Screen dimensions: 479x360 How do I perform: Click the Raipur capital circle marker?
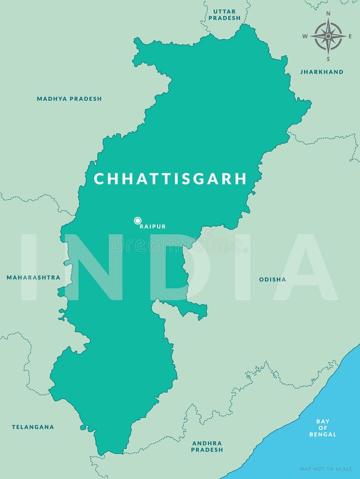138,220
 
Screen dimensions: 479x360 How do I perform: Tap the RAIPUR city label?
153,227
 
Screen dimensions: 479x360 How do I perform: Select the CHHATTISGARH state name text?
170,179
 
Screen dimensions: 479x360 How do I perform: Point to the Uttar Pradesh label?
224,14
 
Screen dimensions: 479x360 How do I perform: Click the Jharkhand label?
322,72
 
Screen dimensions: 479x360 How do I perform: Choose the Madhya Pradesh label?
69,99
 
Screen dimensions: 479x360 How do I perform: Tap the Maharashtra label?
34,277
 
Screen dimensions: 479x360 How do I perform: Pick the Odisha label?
272,279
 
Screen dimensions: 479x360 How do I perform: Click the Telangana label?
33,427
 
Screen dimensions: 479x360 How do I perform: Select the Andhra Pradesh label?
207,446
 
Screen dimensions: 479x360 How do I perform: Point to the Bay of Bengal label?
323,428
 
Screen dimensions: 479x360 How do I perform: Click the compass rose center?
328,36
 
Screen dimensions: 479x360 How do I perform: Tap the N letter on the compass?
328,14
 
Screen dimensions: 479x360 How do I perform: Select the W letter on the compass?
305,36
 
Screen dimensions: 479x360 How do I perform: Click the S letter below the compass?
328,59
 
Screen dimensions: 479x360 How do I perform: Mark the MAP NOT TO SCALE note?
325,469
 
